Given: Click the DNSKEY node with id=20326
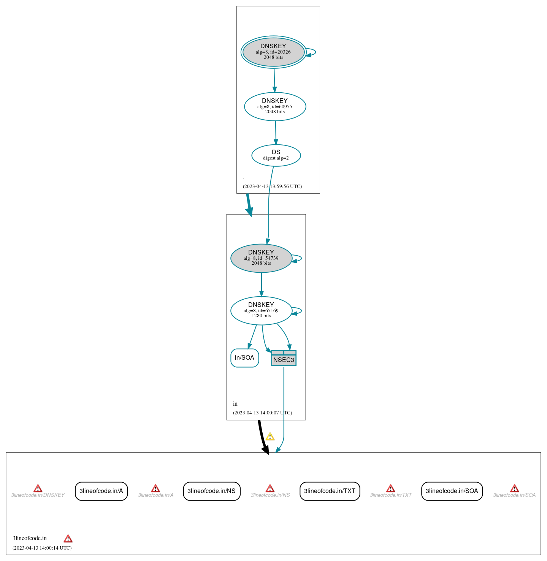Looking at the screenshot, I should point(273,52).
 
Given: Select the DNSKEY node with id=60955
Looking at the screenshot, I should point(275,107).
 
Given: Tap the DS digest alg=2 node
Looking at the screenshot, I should point(276,155).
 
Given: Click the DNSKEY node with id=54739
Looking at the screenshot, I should point(261,258).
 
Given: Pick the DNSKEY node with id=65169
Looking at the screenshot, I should point(261,311).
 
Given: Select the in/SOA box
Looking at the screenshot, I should point(244,358).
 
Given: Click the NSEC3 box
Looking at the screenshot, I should point(284,358).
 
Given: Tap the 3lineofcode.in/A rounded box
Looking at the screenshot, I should point(101,491).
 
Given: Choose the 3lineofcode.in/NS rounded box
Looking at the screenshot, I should point(211,491).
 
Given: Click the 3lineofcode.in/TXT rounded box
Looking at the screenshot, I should point(330,491).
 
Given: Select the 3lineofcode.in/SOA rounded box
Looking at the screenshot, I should point(452,491).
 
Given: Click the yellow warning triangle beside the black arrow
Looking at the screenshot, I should point(270,437).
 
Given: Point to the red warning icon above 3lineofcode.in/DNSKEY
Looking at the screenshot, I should point(38,488).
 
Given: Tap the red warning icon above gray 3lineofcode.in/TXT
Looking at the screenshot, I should point(390,488).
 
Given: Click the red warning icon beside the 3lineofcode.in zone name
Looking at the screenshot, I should point(68,539).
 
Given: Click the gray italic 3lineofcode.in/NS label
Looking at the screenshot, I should point(270,495).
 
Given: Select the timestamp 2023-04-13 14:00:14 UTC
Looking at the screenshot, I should point(42,548).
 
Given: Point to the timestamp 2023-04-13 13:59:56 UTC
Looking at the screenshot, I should point(272,186).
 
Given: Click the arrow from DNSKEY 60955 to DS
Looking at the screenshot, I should point(276,133).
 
